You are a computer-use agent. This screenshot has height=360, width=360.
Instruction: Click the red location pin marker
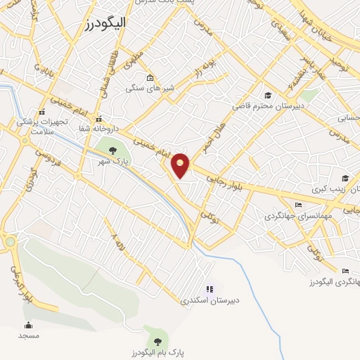point(181,165)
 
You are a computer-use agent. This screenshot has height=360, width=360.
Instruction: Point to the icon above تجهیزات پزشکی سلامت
point(42,111)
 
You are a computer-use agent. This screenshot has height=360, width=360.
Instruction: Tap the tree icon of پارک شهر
point(112,150)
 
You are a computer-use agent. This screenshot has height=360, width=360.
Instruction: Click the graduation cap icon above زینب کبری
point(345,178)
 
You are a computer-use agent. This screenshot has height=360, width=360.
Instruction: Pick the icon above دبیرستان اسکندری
point(209,288)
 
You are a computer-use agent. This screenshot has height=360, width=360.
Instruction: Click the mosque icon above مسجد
point(28,325)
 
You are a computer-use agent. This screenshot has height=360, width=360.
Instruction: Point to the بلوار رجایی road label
point(224,181)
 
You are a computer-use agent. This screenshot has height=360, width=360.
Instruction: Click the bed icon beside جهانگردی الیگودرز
point(345,271)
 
